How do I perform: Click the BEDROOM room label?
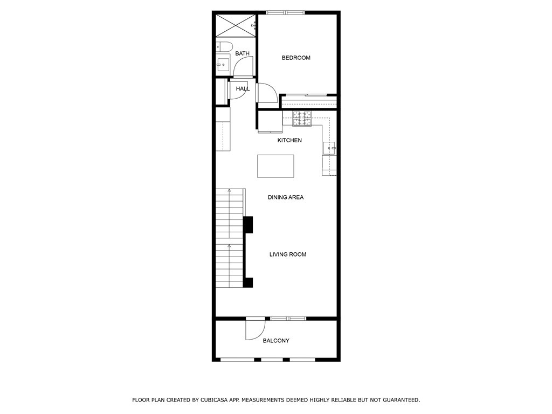[x=296, y=58]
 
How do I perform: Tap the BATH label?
[x=242, y=53]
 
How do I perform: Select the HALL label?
[x=243, y=89]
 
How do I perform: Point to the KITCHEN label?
[x=289, y=140]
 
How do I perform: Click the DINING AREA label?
[x=286, y=197]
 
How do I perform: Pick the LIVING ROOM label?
[x=288, y=254]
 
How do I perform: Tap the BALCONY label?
[x=276, y=341]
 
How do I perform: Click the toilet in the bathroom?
[x=224, y=47]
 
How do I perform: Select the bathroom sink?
[x=223, y=65]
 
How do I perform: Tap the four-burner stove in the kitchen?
[x=302, y=118]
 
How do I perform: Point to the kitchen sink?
[x=329, y=148]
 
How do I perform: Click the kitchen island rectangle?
[x=275, y=166]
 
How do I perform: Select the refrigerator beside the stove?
[x=271, y=122]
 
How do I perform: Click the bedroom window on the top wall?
[x=285, y=13]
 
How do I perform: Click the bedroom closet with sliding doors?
[x=309, y=101]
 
